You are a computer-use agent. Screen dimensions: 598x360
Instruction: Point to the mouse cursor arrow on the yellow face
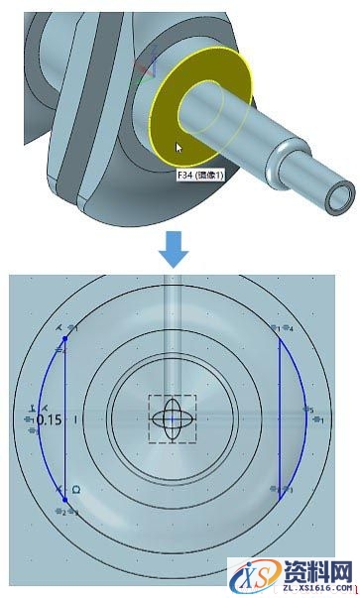179,148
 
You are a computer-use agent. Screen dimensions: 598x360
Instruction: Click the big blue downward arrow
175,249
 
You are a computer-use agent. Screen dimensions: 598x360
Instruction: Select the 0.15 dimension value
49,419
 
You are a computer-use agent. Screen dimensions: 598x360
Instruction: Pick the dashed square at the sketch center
172,419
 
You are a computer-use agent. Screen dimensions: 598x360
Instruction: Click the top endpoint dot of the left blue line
65,338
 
